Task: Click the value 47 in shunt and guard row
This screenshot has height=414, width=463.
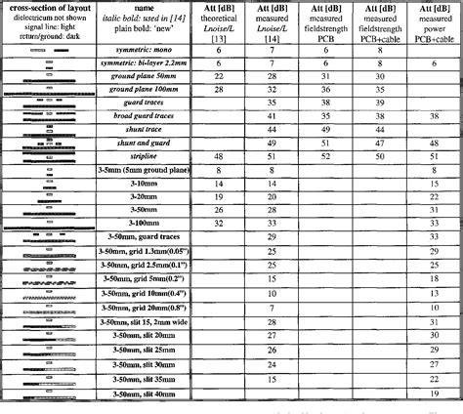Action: click(381, 143)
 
